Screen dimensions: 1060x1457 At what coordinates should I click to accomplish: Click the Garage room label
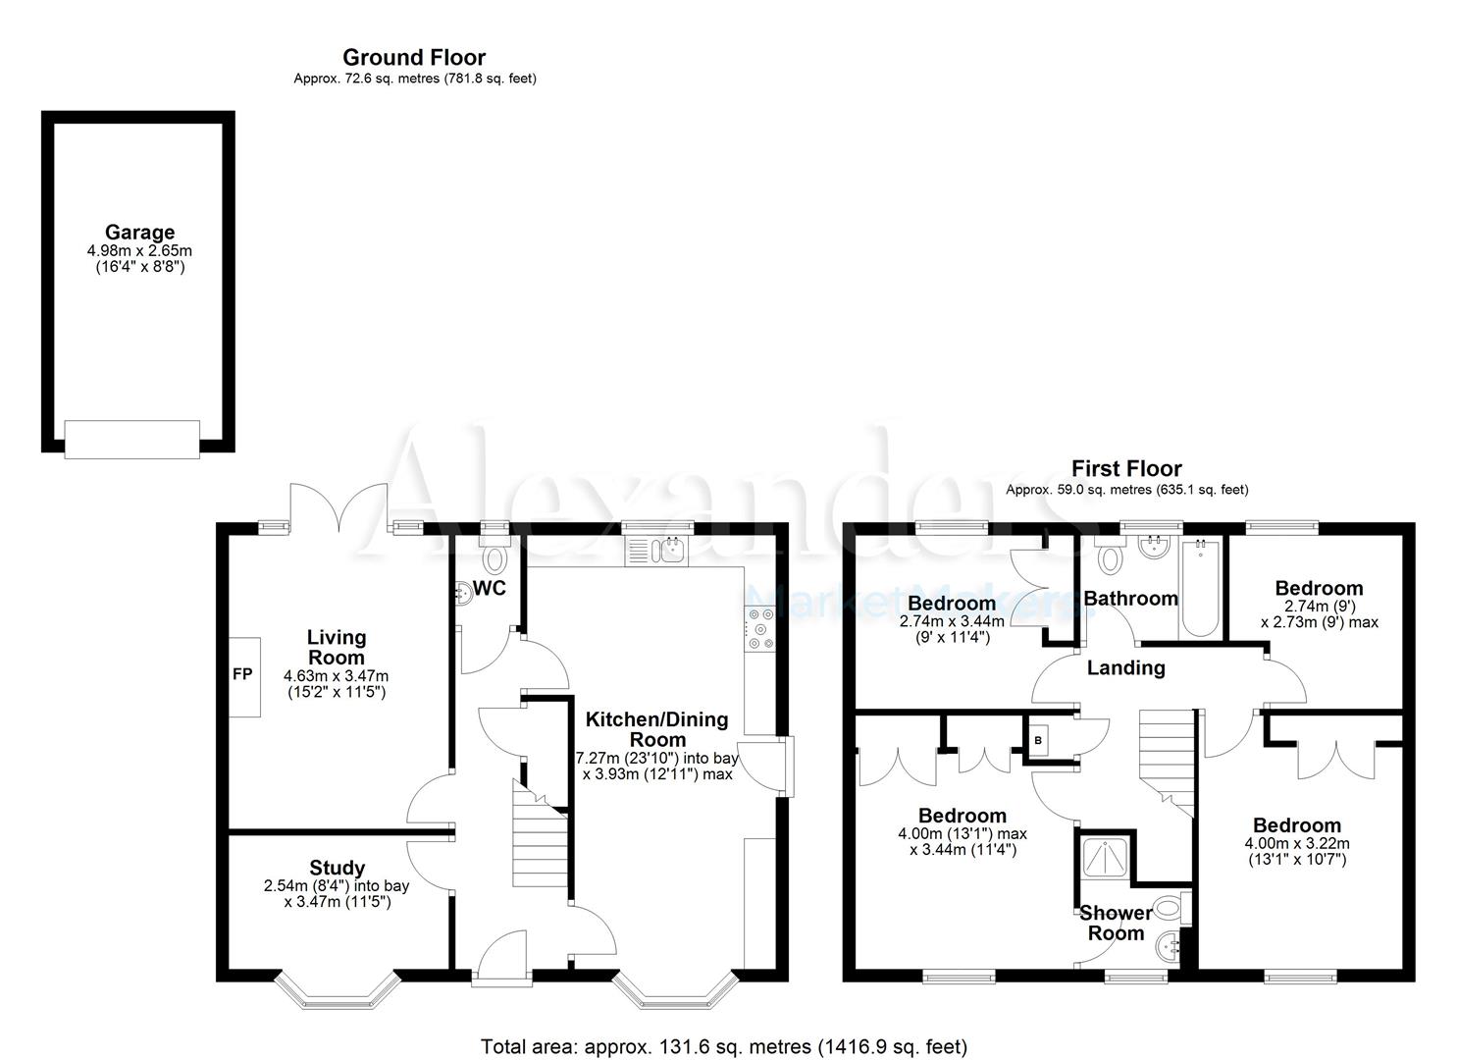click(139, 233)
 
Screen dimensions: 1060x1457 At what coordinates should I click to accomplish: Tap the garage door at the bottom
click(132, 438)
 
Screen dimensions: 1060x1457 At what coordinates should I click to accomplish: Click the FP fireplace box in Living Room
click(244, 676)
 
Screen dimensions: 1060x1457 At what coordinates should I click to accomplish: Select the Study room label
click(337, 868)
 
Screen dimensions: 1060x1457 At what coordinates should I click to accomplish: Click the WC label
click(490, 588)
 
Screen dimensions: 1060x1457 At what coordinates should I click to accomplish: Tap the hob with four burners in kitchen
click(760, 630)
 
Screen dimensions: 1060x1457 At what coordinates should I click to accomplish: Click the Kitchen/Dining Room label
click(656, 729)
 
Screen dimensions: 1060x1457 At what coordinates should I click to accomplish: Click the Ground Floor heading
click(414, 58)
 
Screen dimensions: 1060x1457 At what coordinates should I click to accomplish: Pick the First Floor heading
click(1126, 468)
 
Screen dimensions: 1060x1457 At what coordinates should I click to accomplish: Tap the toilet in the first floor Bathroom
click(1111, 559)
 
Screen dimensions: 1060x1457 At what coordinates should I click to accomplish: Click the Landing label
click(1125, 668)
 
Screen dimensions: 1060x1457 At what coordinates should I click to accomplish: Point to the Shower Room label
click(1116, 923)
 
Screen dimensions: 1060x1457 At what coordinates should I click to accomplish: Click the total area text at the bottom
click(723, 1046)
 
